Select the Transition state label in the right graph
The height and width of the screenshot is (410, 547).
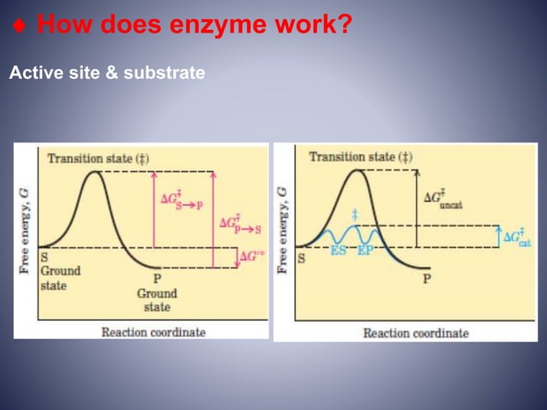pos(359,157)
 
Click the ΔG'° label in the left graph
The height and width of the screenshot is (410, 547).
pos(251,256)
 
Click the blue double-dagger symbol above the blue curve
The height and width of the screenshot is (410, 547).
pos(354,213)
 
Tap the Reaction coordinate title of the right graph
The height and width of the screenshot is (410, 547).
pos(416,332)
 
